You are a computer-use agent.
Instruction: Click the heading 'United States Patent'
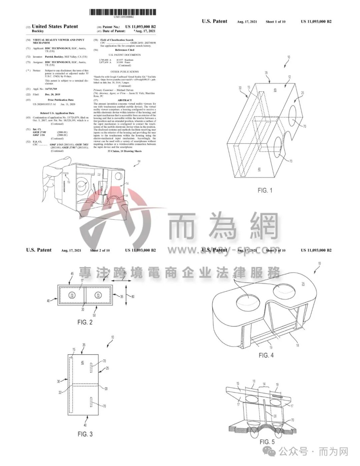[55, 26]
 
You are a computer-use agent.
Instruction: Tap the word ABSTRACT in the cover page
[124, 100]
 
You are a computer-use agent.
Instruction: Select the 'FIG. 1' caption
[265, 190]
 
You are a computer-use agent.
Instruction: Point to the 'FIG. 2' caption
[85, 322]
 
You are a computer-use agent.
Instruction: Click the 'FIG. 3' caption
[85, 434]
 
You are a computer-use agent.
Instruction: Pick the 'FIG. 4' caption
[266, 355]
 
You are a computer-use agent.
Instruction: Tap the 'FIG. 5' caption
[267, 442]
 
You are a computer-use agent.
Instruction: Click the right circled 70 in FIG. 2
[98, 295]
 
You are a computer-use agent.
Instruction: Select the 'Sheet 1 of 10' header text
[276, 22]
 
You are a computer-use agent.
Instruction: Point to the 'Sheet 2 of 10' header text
[100, 251]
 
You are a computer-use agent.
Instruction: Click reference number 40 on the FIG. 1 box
[259, 169]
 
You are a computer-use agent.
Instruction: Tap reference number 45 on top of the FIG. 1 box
[275, 90]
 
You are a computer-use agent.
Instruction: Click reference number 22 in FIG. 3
[60, 393]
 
